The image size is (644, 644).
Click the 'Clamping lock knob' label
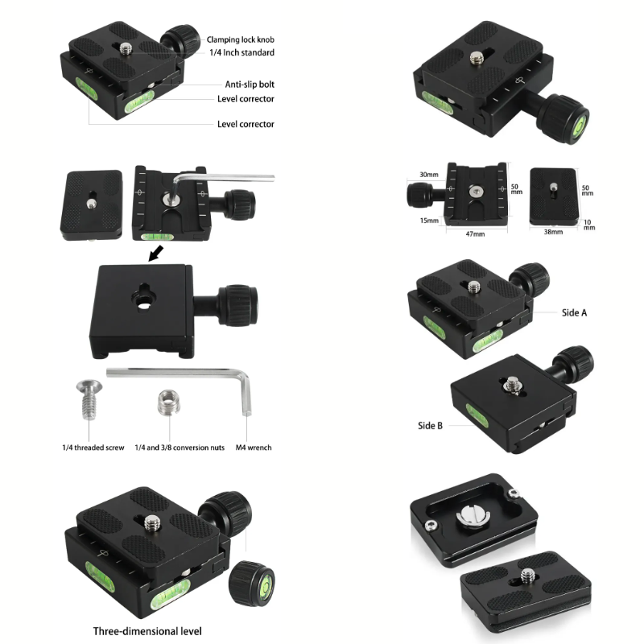240,39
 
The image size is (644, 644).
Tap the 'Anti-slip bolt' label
250,85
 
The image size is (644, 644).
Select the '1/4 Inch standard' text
242,52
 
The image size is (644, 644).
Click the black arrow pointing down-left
155,254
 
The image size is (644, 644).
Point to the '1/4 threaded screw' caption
93,448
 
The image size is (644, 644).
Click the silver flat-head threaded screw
89,398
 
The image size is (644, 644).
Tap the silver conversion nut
168,402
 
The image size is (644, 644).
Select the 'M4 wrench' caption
254,448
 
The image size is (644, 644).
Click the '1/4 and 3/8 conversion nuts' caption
180,448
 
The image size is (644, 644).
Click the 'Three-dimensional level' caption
147,631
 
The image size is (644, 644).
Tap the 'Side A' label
574,313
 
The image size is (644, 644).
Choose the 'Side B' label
430,426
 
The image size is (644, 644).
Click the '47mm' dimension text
475,234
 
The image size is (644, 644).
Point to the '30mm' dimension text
429,175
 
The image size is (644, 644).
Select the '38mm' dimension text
553,232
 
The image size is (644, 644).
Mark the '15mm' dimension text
429,221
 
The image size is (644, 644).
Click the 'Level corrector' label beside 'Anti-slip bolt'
246,99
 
